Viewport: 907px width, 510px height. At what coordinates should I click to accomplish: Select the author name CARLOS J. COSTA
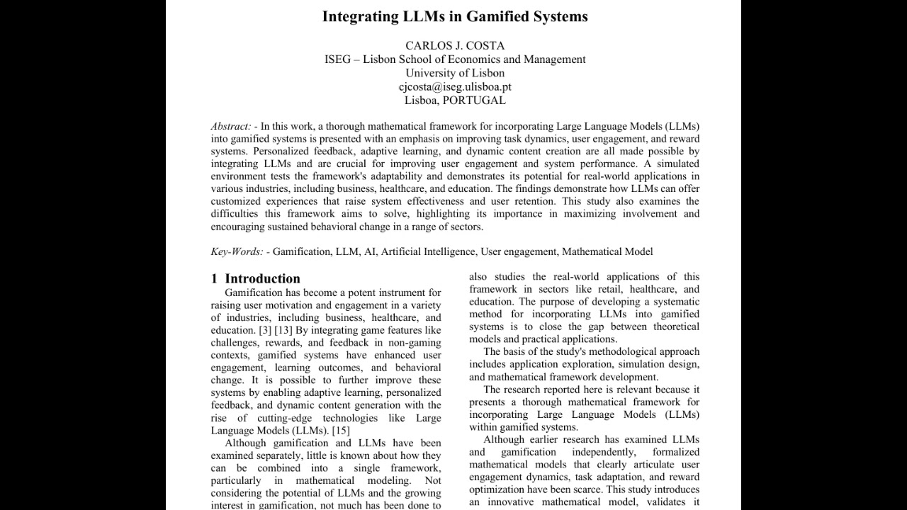455,45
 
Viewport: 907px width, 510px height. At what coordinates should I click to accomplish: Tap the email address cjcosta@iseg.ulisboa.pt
455,86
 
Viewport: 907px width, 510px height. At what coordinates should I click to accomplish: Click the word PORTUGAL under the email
474,100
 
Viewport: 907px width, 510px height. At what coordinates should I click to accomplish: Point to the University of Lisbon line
455,73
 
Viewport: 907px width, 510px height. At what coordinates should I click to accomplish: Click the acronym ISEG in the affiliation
337,59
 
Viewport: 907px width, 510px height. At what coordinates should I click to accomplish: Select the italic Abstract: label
231,126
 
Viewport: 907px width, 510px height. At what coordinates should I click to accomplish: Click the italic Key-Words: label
237,251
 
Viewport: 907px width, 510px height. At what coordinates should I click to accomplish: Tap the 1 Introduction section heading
256,278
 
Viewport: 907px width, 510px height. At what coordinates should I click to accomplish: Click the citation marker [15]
341,430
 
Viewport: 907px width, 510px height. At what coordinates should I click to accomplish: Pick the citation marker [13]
283,330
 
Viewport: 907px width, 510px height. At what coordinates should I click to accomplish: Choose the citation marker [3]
264,330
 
